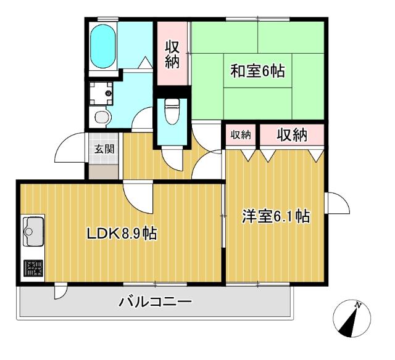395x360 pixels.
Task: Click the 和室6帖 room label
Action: pos(258,71)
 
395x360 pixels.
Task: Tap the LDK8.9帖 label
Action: pos(121,234)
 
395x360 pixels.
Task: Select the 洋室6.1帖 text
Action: pos(275,217)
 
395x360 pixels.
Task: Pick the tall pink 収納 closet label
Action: pos(172,54)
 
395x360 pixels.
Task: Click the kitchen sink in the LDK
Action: pos(32,231)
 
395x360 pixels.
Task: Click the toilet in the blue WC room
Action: pos(172,113)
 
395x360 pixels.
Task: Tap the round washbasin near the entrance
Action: pos(101,117)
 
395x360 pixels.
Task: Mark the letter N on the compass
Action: pos(358,305)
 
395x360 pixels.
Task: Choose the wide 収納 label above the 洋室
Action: pos(291,135)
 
